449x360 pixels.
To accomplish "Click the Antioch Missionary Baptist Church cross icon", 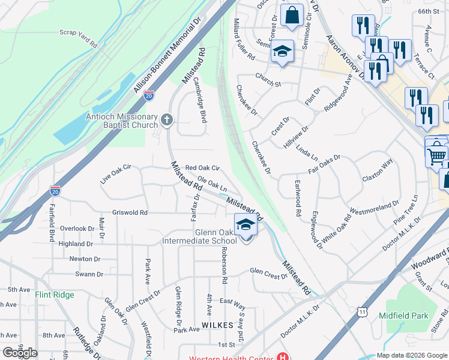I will [x=167, y=121].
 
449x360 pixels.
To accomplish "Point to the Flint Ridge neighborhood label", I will [x=55, y=295].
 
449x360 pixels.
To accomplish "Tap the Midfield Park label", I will [x=403, y=316].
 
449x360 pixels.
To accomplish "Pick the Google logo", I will [x=20, y=353].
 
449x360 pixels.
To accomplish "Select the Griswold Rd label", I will [x=130, y=212].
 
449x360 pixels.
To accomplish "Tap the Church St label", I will [x=268, y=79].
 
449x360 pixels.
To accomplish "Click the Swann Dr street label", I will [x=89, y=274].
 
